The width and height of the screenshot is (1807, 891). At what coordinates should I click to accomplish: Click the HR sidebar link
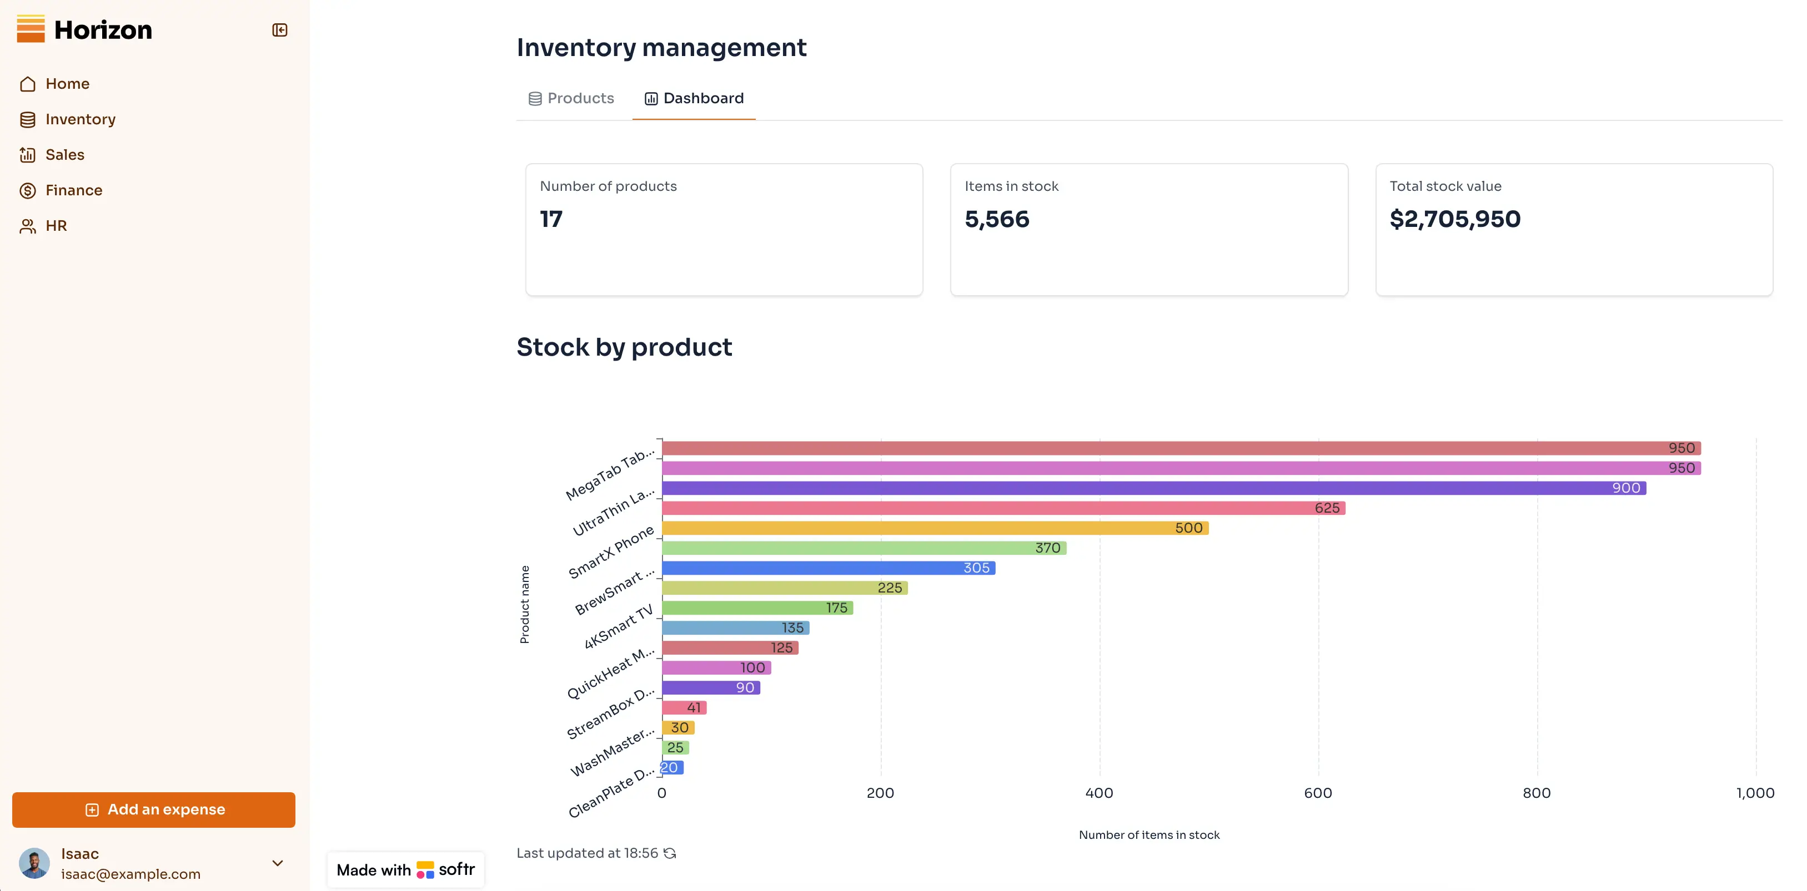pyautogui.click(x=56, y=226)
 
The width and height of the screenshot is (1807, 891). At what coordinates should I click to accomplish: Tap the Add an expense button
pyautogui.click(x=154, y=809)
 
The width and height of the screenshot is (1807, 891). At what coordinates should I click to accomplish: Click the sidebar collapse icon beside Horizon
pyautogui.click(x=279, y=30)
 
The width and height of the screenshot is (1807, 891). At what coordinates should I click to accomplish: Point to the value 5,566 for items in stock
pyautogui.click(x=996, y=219)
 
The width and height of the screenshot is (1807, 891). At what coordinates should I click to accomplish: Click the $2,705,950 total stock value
pyautogui.click(x=1454, y=219)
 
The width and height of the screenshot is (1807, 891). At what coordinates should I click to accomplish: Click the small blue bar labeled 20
pyautogui.click(x=672, y=768)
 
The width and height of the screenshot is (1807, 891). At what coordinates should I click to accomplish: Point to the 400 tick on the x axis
pyautogui.click(x=1098, y=793)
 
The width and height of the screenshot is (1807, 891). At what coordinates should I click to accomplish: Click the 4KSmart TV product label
pyautogui.click(x=618, y=626)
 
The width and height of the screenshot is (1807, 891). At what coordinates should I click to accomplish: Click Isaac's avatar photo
pyautogui.click(x=34, y=863)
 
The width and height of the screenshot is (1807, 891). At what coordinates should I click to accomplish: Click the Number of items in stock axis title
pyautogui.click(x=1148, y=835)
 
